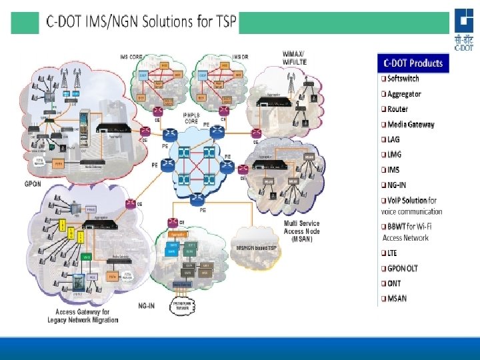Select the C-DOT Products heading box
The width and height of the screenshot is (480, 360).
(x=413, y=63)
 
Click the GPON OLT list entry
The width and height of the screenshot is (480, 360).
(x=403, y=268)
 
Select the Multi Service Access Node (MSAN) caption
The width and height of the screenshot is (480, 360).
(x=301, y=231)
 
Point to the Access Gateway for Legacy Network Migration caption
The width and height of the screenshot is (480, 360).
(x=83, y=316)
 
